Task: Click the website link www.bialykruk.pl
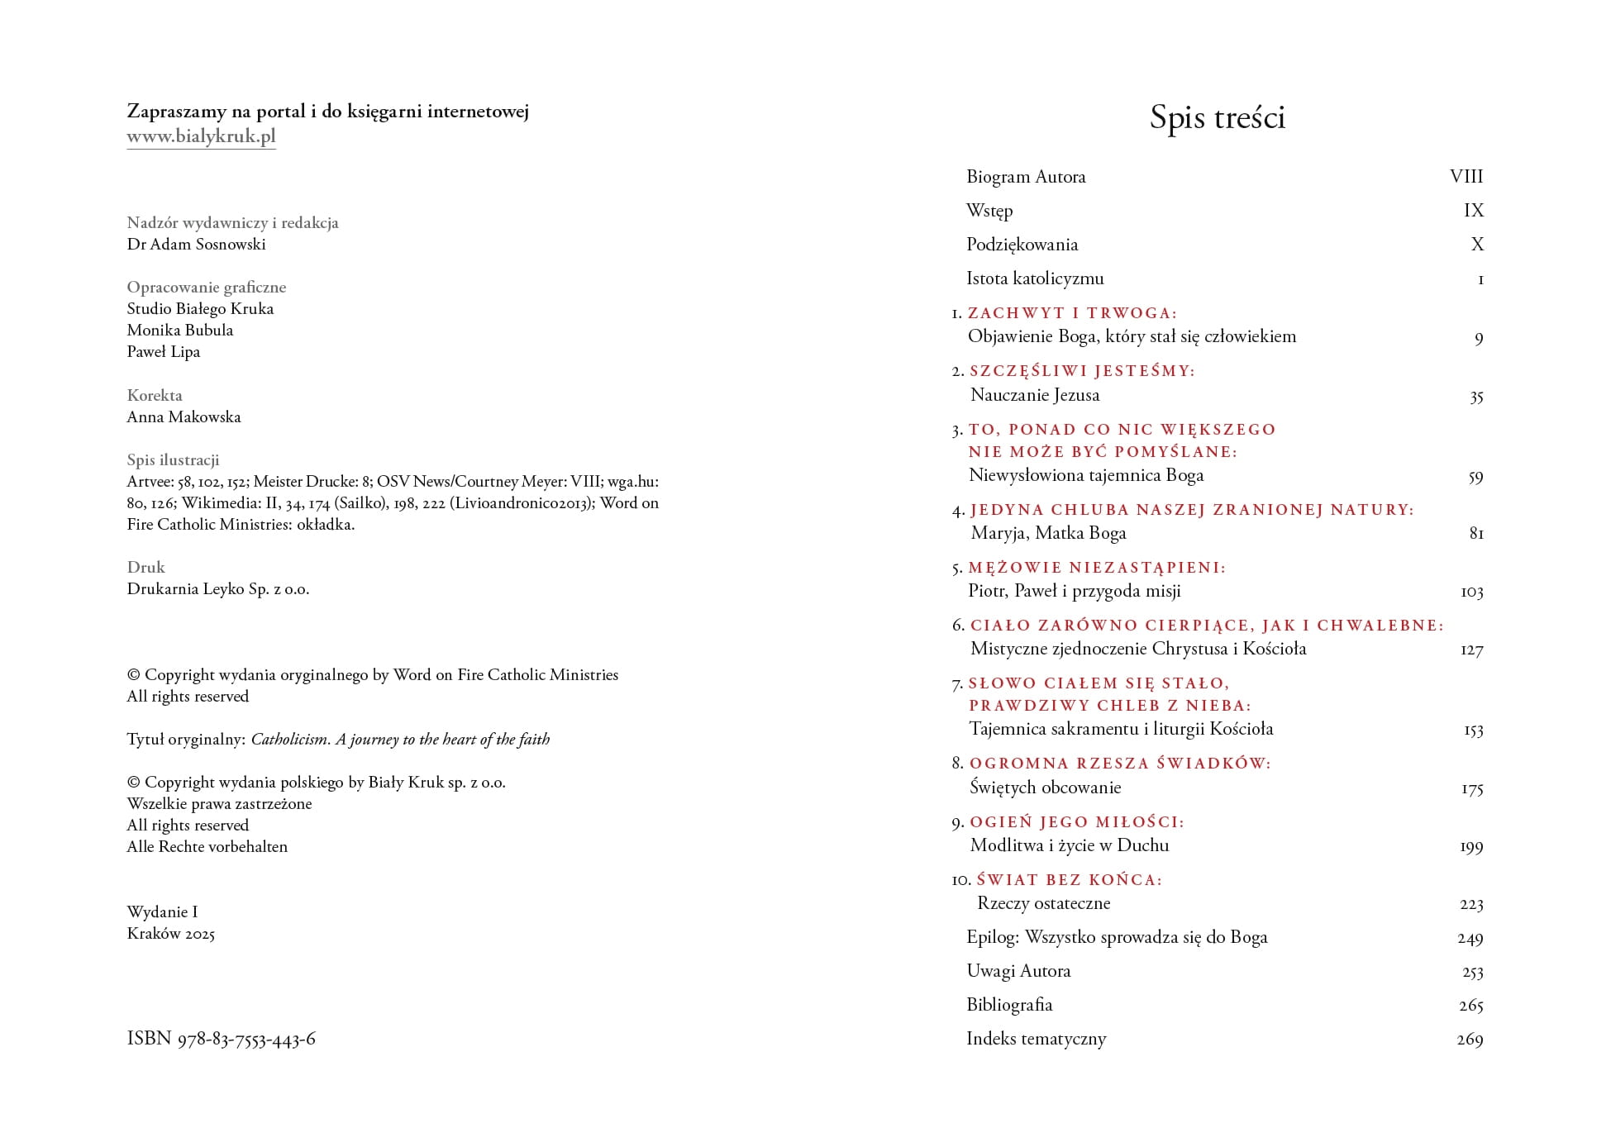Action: (x=201, y=136)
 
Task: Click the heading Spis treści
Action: (x=1217, y=117)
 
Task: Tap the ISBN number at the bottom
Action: (x=221, y=1039)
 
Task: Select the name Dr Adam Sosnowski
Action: (x=196, y=244)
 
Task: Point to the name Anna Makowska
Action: (x=184, y=416)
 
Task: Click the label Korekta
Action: (x=155, y=395)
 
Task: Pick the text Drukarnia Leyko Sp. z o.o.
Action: (x=218, y=588)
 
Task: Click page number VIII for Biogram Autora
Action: (x=1466, y=177)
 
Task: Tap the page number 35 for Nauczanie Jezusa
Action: (x=1475, y=397)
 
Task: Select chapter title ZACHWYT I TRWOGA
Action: (x=1072, y=313)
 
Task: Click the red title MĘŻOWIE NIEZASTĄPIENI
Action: (x=1097, y=568)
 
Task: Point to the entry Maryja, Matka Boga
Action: (x=1048, y=533)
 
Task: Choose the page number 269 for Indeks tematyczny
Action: (x=1469, y=1040)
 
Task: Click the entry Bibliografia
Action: (x=1009, y=1005)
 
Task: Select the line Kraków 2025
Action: (x=171, y=934)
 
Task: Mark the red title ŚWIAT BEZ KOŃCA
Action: (x=1069, y=880)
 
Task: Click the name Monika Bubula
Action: (x=180, y=330)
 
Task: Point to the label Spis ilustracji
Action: (x=173, y=459)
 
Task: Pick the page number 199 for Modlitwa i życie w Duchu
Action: (x=1470, y=846)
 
